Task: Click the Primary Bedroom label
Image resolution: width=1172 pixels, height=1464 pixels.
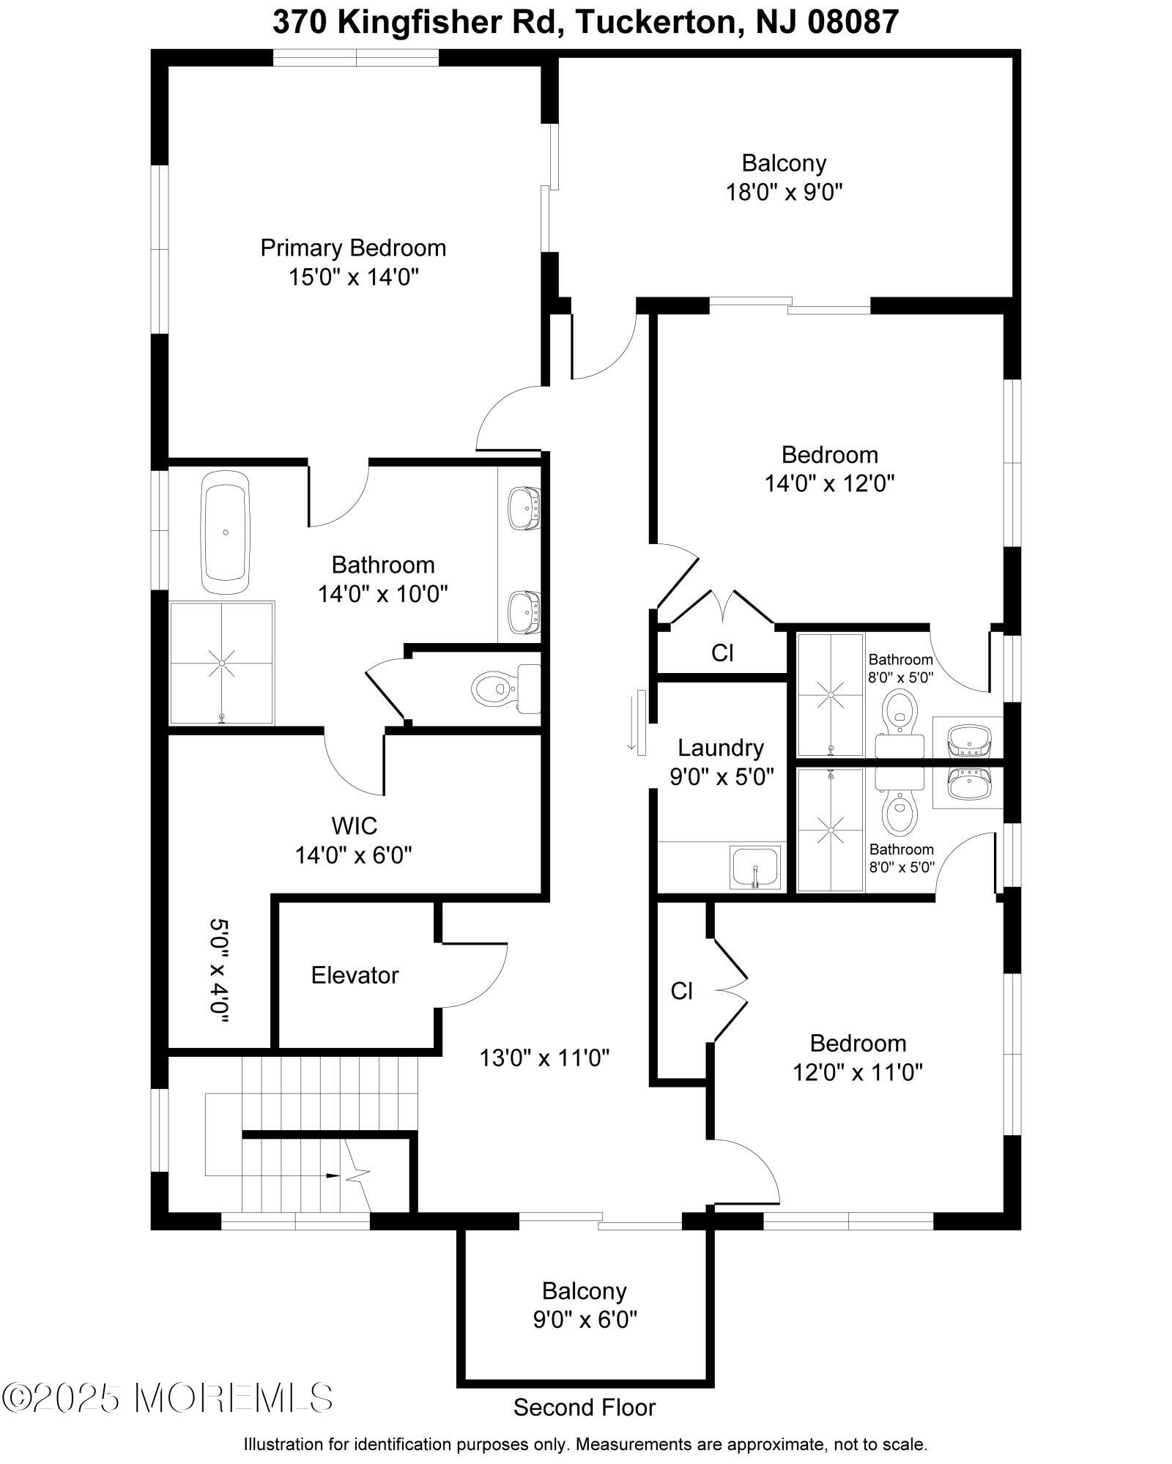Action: (x=353, y=248)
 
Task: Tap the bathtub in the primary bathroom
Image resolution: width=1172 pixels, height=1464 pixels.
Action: (x=226, y=532)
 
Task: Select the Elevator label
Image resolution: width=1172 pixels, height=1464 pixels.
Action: (x=355, y=976)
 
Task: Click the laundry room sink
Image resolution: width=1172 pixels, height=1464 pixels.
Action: (x=755, y=868)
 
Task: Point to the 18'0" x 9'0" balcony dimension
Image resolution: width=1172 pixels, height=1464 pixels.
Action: (x=784, y=193)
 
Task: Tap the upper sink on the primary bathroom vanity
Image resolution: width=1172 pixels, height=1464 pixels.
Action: (x=523, y=508)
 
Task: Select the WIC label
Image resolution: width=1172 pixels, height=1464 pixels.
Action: (x=355, y=826)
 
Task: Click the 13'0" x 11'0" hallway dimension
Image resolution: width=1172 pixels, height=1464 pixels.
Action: (x=544, y=1058)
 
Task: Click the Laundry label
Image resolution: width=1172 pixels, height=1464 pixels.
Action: (x=721, y=748)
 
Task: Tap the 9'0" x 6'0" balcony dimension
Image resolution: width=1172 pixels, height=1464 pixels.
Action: (x=585, y=1320)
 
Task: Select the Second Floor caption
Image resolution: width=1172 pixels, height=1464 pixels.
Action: (x=584, y=1408)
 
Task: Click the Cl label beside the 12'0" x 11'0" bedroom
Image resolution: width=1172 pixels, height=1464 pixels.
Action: (x=681, y=991)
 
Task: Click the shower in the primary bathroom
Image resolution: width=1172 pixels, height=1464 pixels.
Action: (x=222, y=664)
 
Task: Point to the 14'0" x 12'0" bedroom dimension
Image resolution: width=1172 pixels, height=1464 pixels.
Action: (x=829, y=483)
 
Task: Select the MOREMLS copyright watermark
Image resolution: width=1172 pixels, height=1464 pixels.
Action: (x=167, y=1397)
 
